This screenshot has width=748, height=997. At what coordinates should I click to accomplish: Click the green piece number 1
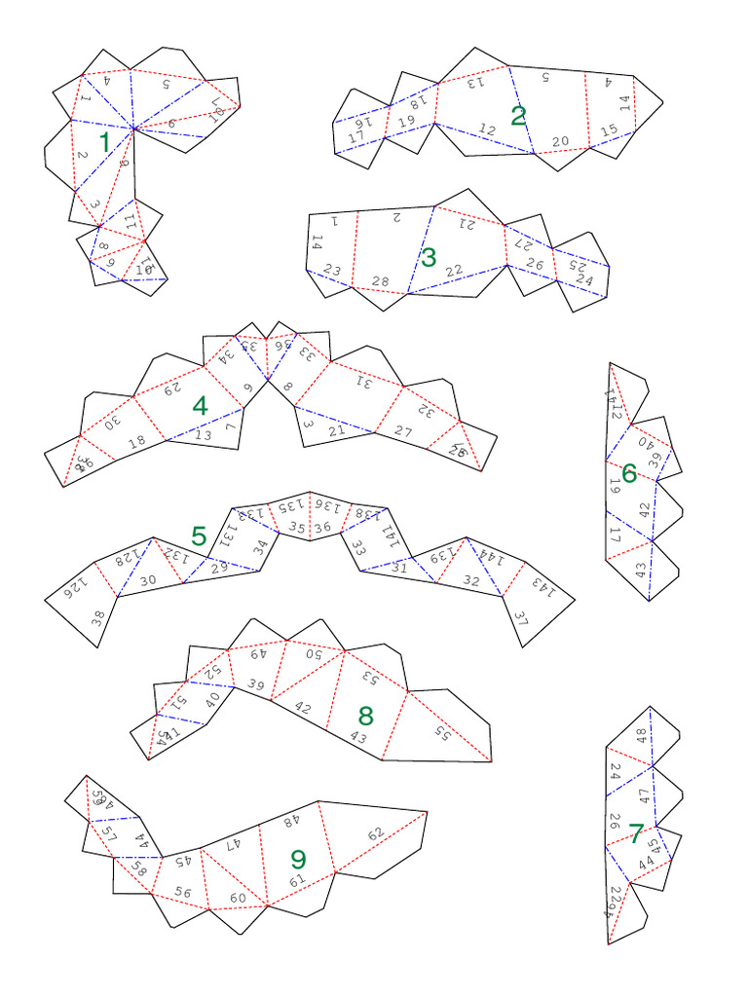104,142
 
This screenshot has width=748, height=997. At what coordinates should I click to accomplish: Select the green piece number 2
518,116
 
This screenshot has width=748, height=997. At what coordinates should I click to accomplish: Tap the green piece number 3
429,258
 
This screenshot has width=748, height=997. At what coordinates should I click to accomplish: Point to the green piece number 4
200,406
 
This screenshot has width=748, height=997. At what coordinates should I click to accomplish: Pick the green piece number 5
199,535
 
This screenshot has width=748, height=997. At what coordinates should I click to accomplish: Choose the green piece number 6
629,473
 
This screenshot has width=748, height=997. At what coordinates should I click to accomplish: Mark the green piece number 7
636,833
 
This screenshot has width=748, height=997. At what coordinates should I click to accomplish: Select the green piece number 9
298,858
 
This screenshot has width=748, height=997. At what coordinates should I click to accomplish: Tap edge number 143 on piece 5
539,587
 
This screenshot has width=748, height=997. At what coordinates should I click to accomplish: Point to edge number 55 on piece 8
443,733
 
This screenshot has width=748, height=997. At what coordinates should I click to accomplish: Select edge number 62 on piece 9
376,834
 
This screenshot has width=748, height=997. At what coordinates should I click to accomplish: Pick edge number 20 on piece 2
560,141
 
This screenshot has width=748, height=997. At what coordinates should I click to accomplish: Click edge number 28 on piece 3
381,281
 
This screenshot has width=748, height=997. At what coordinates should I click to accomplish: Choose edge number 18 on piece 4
137,441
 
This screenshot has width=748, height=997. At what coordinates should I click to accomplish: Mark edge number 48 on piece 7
641,735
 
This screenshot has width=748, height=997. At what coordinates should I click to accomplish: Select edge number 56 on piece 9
183,892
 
